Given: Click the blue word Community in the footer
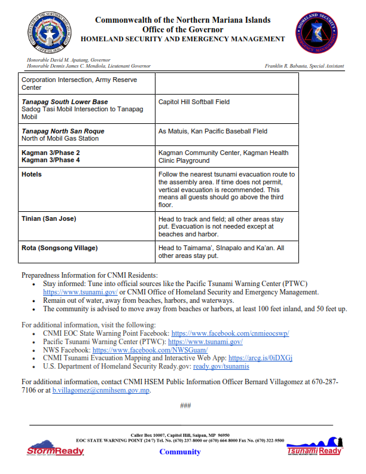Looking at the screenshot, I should coord(180,452).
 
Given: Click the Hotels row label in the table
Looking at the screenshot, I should coord(32,174).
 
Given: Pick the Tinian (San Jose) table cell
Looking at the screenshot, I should coord(48,219).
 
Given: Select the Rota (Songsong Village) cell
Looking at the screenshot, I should coord(59,248).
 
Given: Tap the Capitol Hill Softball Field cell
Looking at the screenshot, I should coord(194,102).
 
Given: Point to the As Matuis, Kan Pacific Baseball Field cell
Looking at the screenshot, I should coord(213,131).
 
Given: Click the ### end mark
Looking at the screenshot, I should coord(185,406).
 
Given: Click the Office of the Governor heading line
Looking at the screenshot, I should coord(182,29).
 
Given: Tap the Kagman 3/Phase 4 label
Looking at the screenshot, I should coord(50,160).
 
